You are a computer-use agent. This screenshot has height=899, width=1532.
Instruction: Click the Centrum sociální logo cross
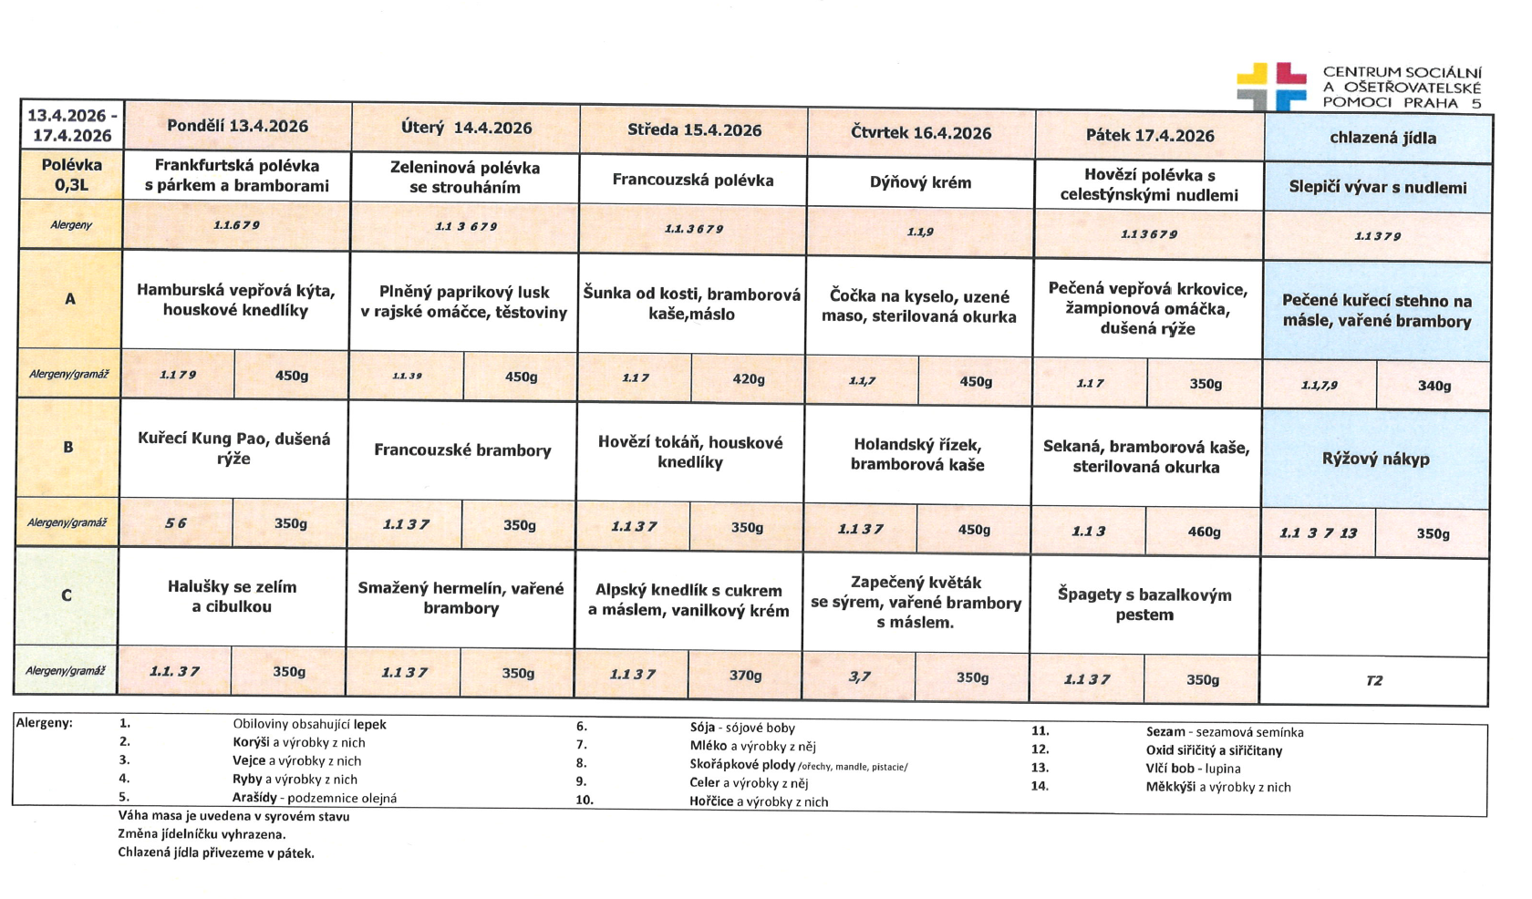(1271, 87)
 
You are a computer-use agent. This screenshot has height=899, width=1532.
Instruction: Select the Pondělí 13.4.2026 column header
(237, 127)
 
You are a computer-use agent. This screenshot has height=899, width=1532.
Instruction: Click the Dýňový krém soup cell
(920, 182)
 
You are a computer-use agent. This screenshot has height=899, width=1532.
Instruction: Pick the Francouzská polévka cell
(692, 180)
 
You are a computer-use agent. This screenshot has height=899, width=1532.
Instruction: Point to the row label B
(67, 447)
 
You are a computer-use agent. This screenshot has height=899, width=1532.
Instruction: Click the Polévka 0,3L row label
(71, 176)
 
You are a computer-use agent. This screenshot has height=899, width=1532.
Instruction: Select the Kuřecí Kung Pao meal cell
(233, 449)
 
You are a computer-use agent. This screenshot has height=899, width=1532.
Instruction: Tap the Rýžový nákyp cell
(1375, 459)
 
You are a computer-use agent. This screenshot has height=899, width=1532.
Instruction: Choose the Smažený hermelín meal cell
(461, 598)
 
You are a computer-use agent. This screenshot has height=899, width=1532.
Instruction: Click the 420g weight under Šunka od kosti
(748, 378)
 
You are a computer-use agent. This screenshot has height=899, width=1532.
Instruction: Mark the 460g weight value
(1204, 532)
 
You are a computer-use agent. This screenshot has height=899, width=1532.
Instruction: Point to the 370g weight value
(745, 675)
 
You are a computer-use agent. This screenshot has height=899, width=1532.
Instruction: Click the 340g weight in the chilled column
(1434, 386)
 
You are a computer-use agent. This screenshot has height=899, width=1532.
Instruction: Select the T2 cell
(1373, 680)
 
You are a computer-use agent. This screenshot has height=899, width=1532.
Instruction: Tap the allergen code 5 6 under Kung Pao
(175, 523)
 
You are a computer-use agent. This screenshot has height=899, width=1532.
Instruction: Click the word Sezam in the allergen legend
(1165, 731)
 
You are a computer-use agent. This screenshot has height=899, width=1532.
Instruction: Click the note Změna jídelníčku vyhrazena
(202, 834)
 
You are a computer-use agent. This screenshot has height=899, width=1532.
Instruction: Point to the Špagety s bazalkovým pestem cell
(1144, 604)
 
